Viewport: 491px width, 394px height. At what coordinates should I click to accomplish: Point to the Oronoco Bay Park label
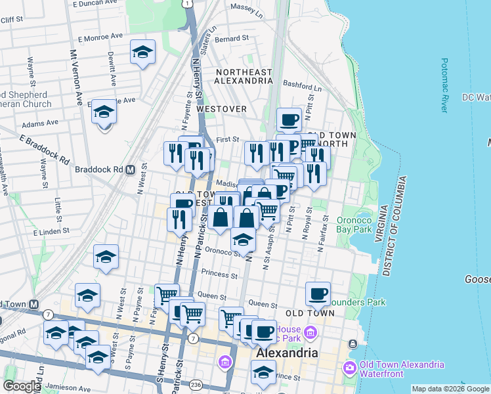click(355, 225)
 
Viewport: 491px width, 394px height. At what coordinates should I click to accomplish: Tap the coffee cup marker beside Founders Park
click(318, 294)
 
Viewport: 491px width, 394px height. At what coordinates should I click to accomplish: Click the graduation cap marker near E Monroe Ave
click(142, 52)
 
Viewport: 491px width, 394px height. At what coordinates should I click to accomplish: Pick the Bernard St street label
click(232, 39)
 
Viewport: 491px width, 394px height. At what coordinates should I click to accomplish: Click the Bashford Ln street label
click(303, 87)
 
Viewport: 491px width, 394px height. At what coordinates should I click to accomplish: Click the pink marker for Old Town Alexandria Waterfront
click(349, 366)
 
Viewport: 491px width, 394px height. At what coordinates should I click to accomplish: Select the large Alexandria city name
click(287, 353)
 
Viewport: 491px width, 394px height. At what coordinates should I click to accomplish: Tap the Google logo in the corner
click(22, 385)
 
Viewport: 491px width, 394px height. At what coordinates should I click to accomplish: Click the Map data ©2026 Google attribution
click(450, 389)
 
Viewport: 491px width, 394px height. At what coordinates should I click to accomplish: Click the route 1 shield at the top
click(188, 4)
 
